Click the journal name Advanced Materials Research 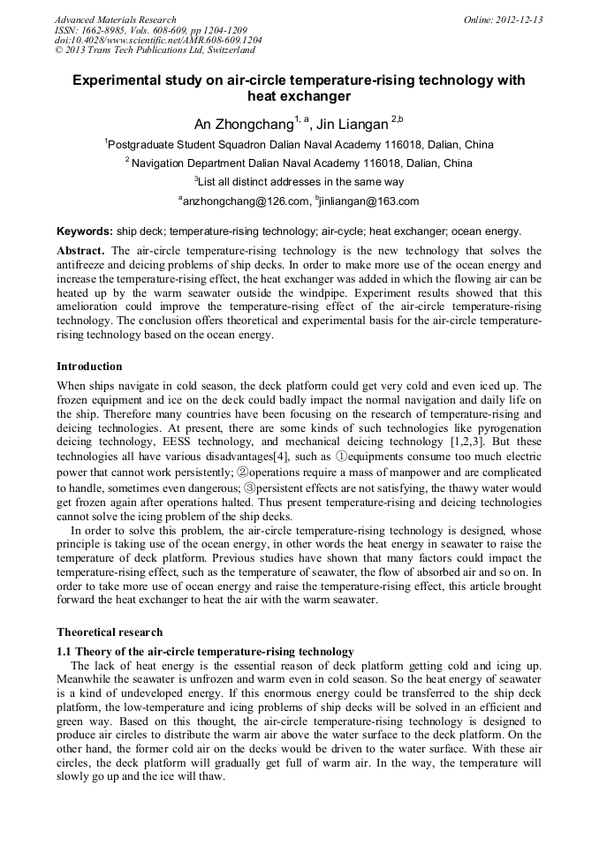click(x=115, y=19)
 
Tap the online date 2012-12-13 click(x=516, y=19)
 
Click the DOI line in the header click(x=158, y=41)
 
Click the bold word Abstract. click(x=80, y=251)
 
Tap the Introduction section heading click(x=89, y=367)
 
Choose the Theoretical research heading click(x=110, y=631)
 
